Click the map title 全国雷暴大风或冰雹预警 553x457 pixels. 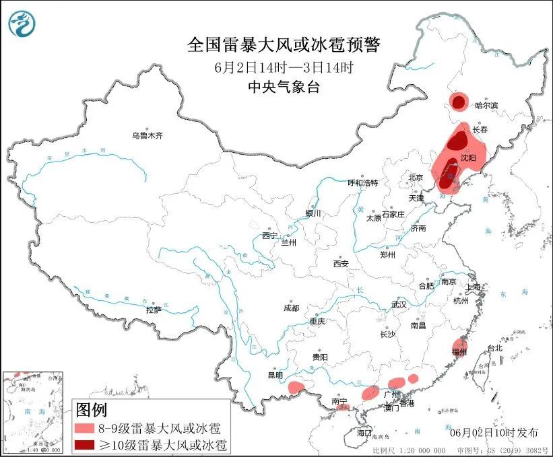pyautogui.click(x=283, y=45)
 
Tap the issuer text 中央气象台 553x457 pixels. pyautogui.click(x=283, y=86)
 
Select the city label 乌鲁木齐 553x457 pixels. pyautogui.click(x=148, y=135)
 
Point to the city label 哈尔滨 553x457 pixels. pyautogui.click(x=486, y=106)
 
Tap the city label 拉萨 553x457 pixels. pyautogui.click(x=154, y=310)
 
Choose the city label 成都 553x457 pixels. pyautogui.click(x=291, y=308)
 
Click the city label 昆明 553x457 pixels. pyautogui.click(x=275, y=374)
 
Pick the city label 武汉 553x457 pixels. pyautogui.click(x=399, y=304)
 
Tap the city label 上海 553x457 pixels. pyautogui.click(x=474, y=287)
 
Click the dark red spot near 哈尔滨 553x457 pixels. pyautogui.click(x=459, y=102)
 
